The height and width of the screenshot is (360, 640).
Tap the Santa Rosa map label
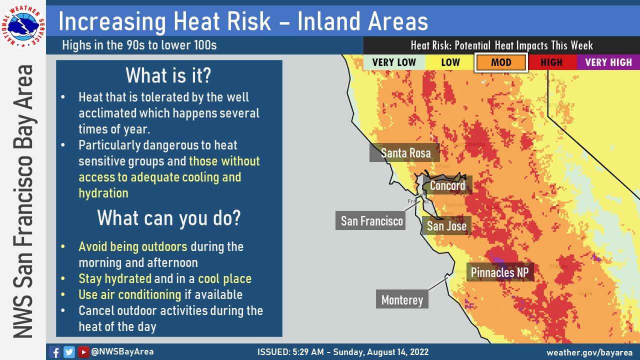click(x=405, y=153)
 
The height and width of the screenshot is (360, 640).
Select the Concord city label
click(x=447, y=186)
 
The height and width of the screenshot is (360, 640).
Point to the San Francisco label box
click(x=371, y=221)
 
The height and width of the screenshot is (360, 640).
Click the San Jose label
click(x=446, y=226)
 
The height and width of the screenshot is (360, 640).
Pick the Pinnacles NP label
click(x=499, y=272)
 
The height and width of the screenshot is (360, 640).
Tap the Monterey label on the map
click(x=402, y=300)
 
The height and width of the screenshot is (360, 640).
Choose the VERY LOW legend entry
click(x=394, y=62)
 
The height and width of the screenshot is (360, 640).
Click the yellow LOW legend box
click(x=450, y=62)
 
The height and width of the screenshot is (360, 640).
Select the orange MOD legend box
click(x=501, y=62)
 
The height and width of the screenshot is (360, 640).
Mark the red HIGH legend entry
click(x=551, y=62)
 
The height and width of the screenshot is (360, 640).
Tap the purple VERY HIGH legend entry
click(x=608, y=62)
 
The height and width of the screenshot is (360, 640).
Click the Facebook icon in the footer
click(x=55, y=352)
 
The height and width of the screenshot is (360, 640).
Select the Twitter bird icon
click(x=69, y=352)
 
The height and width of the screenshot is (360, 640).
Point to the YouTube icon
click(x=83, y=352)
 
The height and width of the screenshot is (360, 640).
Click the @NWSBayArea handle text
click(x=122, y=351)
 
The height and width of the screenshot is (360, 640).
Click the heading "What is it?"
click(x=168, y=75)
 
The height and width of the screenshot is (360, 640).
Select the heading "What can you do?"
click(x=168, y=218)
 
